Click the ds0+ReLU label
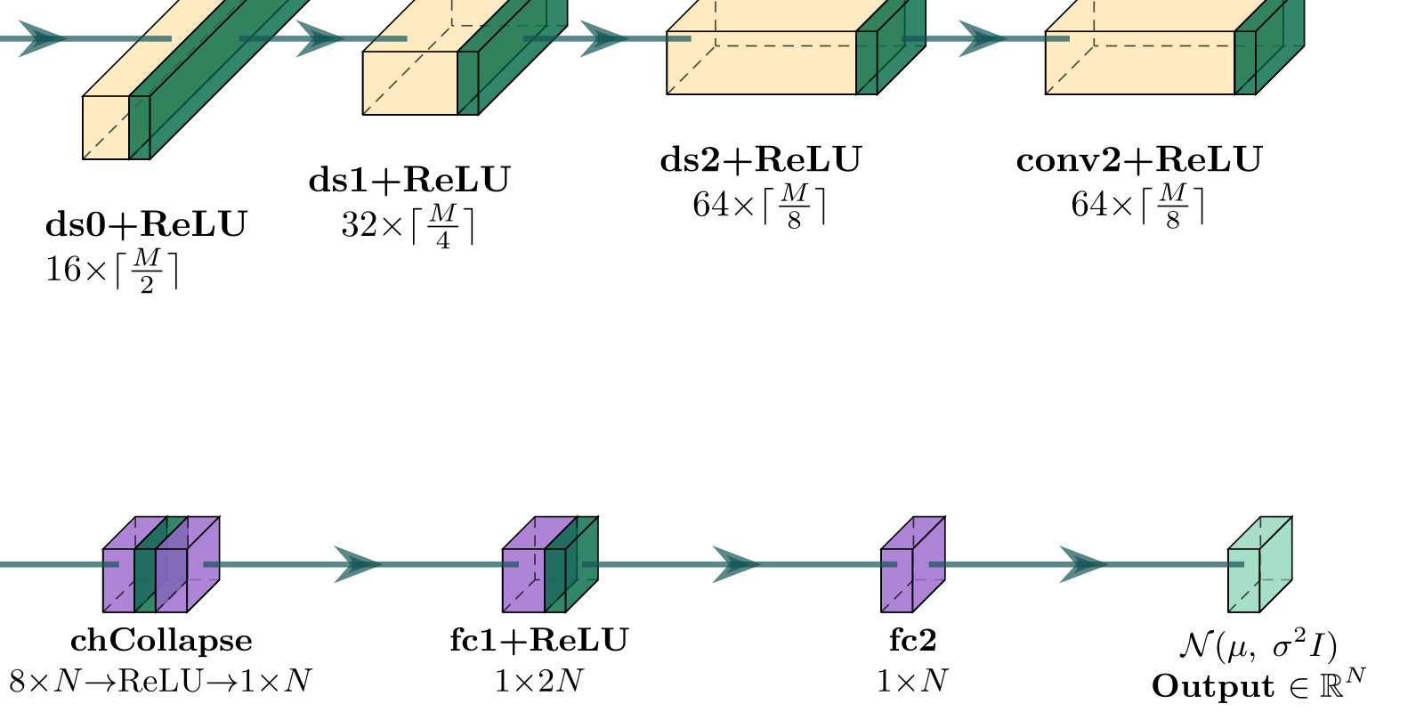146,224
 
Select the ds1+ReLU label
409,180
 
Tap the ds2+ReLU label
761,160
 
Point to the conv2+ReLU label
1139,160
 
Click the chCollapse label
161,641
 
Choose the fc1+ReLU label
539,641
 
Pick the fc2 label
912,641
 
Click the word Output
1201,686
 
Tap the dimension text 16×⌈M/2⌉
112,269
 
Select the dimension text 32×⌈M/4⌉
408,224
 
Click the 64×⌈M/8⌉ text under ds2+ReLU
759,205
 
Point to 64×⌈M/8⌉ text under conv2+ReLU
1137,205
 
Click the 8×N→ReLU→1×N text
161,682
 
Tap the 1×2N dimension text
539,682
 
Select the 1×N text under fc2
912,682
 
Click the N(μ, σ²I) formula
1258,645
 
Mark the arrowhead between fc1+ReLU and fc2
736,564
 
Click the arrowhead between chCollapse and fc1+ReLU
358,564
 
